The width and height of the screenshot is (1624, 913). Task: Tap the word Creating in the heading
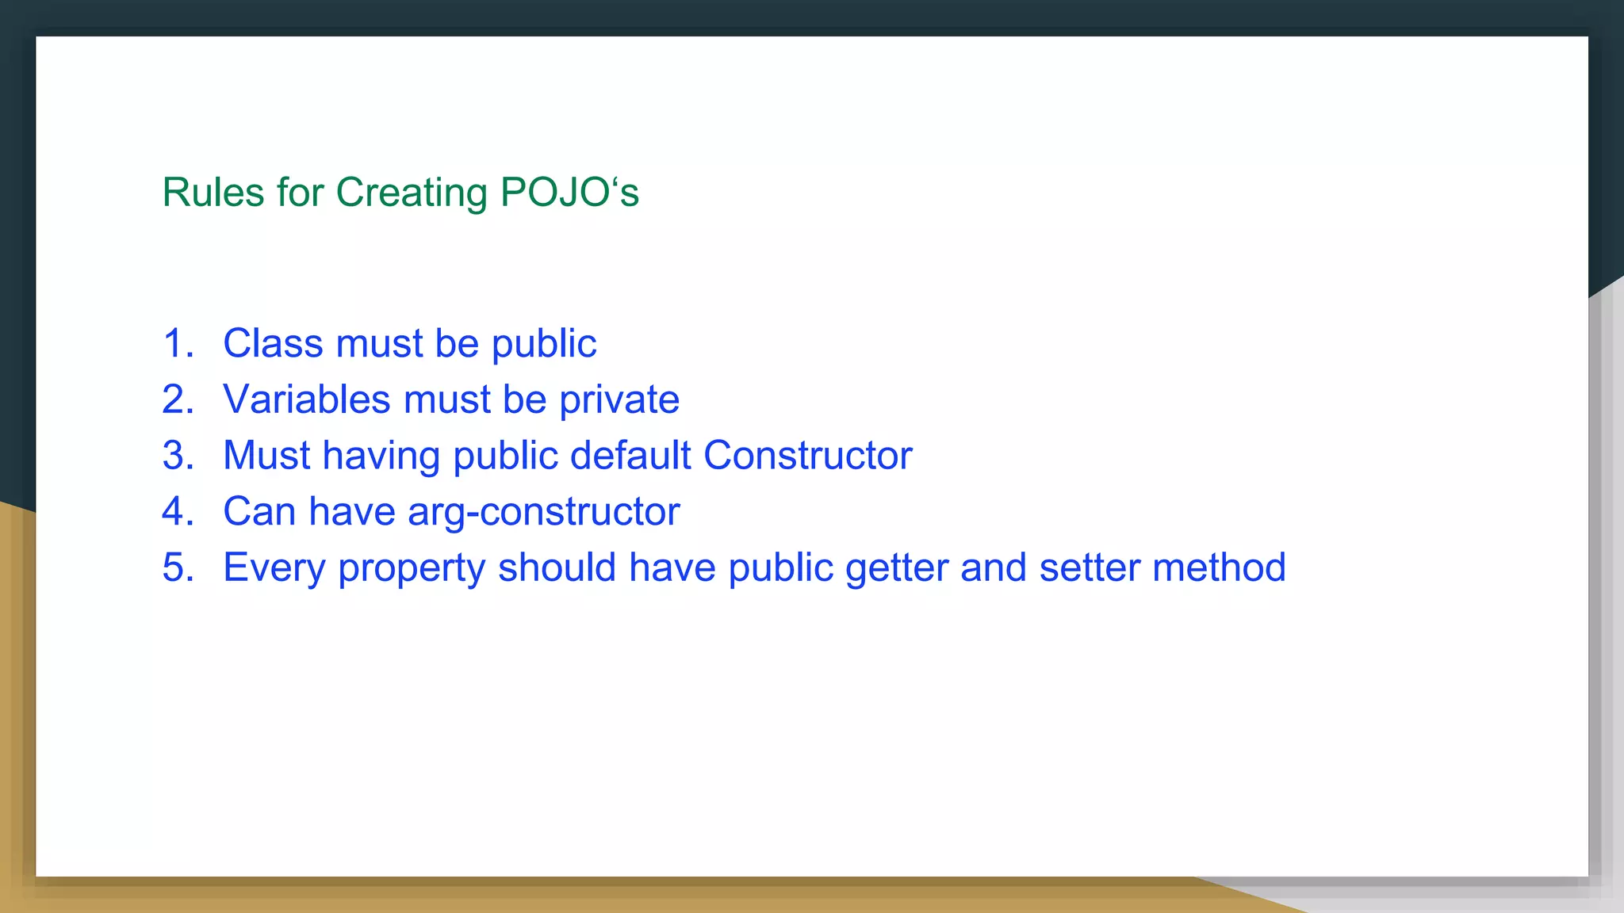click(x=411, y=193)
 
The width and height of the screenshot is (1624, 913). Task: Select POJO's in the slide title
click(x=569, y=193)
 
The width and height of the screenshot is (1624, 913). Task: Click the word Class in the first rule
click(x=273, y=344)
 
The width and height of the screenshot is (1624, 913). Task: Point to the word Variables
click(x=307, y=399)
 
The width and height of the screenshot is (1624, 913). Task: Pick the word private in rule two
click(x=619, y=399)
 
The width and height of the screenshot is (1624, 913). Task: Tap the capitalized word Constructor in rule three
click(x=807, y=456)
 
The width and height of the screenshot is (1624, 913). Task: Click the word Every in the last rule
click(x=274, y=568)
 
